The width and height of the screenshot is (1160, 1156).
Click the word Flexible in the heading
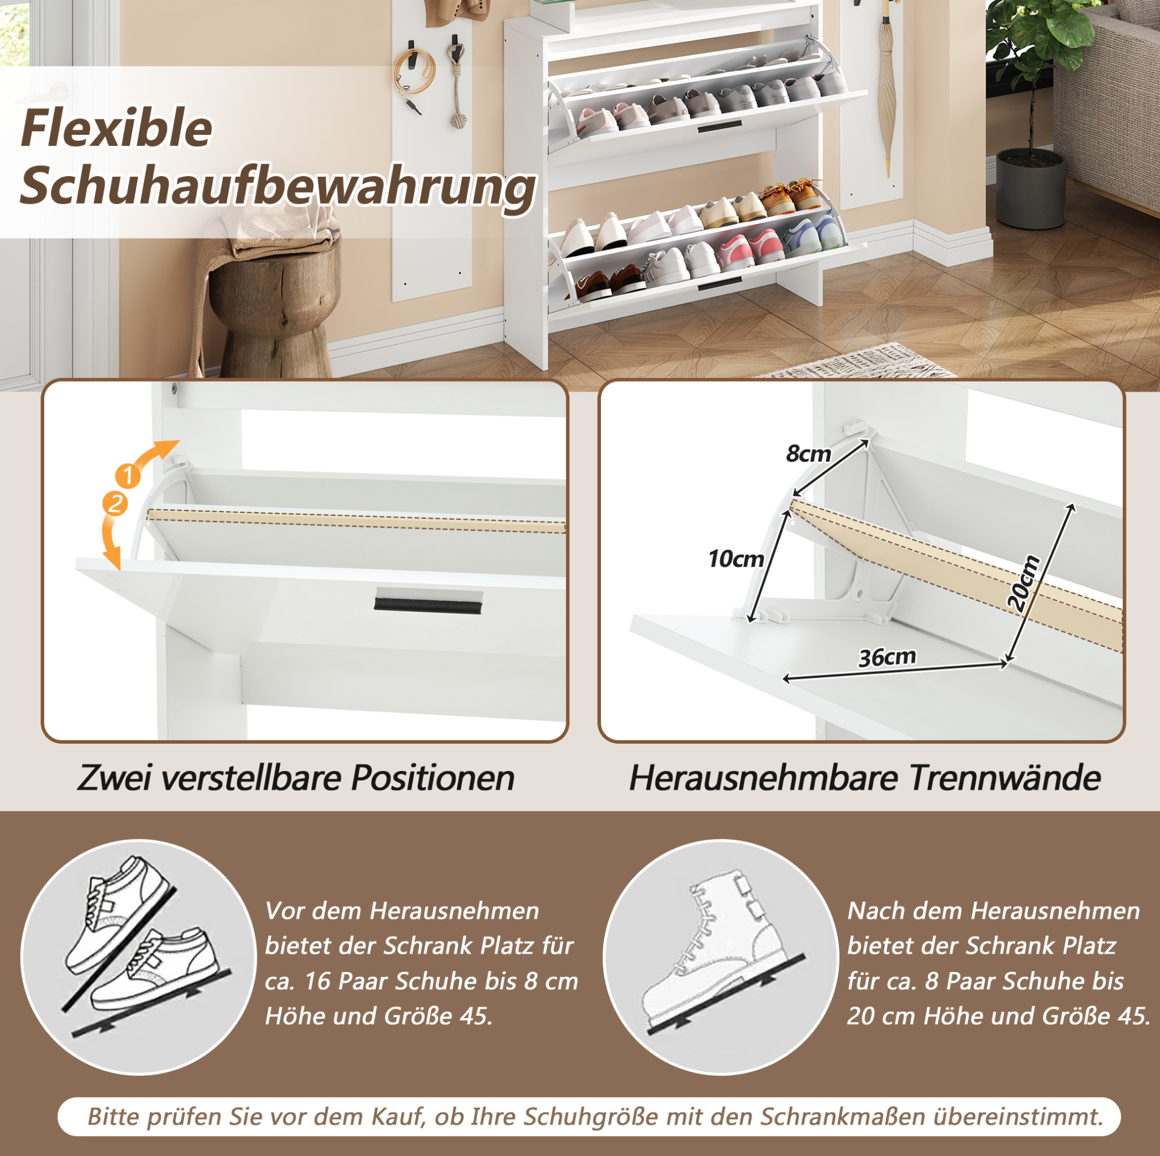[x=117, y=128]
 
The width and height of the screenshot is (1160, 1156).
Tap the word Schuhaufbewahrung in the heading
[x=278, y=188]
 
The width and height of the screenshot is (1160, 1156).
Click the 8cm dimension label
[x=808, y=454]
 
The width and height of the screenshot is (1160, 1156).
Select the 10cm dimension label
[x=735, y=559]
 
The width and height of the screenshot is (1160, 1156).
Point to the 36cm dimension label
[x=887, y=657]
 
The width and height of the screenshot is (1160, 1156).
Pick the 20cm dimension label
[x=1024, y=584]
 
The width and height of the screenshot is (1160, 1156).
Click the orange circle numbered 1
[x=128, y=476]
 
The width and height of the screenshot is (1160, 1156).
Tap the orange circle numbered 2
[x=115, y=503]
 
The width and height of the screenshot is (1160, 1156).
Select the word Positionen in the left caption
[x=432, y=778]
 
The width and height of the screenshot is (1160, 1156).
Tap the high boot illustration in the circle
[x=715, y=954]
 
